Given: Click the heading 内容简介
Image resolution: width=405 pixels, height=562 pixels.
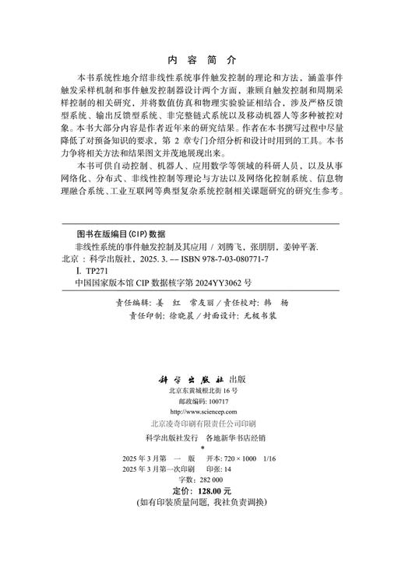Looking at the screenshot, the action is [201, 59].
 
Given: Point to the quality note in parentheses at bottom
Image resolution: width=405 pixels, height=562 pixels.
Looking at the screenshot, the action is [201, 525].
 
